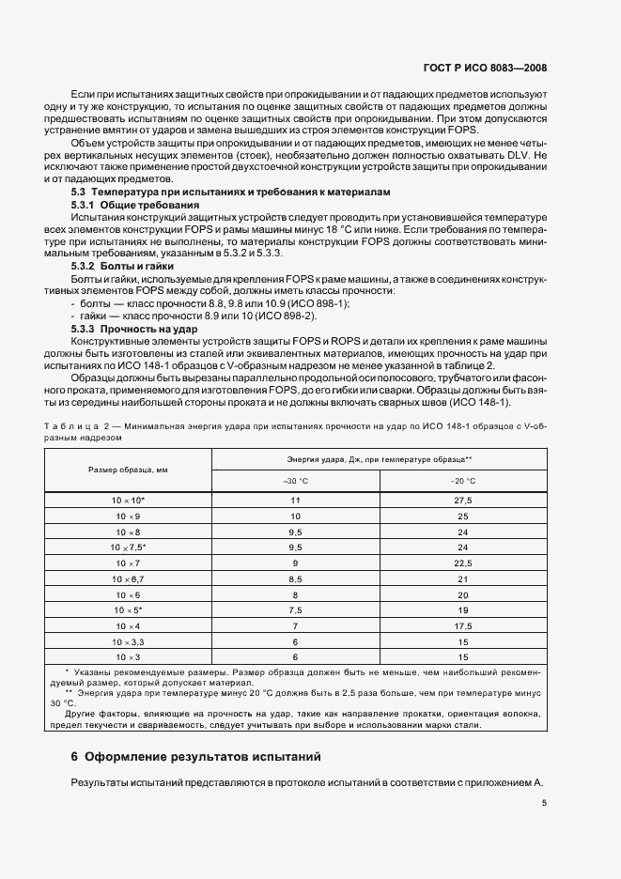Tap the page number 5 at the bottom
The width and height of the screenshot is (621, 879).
coord(544,802)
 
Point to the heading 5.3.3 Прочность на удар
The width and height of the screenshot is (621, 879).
coord(132,329)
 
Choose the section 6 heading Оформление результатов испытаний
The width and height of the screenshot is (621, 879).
coord(196,755)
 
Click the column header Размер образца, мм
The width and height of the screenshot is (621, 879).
coord(128,470)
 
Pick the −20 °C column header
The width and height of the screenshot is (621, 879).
coord(462,481)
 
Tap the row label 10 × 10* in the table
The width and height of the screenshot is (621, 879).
coord(128,501)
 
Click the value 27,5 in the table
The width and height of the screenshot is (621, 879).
coord(462,501)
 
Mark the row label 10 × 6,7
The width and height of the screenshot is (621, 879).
coord(128,579)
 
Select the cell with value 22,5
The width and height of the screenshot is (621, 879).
coord(462,563)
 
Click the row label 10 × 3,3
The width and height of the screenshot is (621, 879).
coord(128,641)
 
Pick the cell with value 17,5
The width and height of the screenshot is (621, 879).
coord(462,625)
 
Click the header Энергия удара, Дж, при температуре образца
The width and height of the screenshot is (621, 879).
coord(379,459)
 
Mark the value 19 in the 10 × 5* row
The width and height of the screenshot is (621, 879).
coord(462,610)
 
